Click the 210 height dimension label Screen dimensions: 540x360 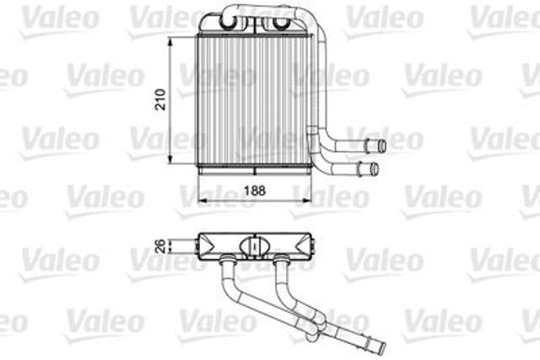click(161, 99)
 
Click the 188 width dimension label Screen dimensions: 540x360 click(255, 191)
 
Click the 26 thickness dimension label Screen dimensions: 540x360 click(161, 246)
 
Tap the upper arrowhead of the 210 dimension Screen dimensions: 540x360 click(170, 42)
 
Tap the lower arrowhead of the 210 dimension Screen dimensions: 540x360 click(170, 159)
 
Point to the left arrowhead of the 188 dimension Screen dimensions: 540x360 click(203, 200)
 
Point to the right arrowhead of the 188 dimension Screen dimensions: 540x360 click(306, 200)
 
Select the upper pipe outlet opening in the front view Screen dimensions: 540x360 click(382, 146)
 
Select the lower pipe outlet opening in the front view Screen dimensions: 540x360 click(375, 169)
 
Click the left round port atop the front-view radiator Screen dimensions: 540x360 click(228, 22)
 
